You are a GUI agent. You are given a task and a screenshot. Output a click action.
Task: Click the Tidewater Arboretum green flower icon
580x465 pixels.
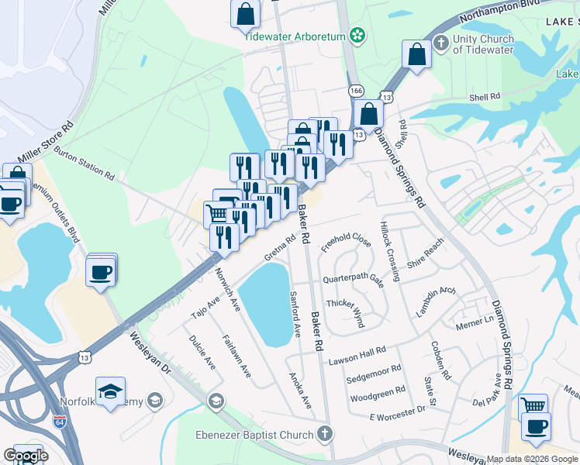pyautogui.click(x=357, y=34)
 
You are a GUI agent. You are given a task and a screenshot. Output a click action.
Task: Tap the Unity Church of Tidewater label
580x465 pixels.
pyautogui.click(x=483, y=45)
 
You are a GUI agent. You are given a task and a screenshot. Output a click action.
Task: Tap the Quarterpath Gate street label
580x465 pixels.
pyautogui.click(x=354, y=278)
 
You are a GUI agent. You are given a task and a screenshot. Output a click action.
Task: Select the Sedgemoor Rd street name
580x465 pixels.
pyautogui.click(x=374, y=374)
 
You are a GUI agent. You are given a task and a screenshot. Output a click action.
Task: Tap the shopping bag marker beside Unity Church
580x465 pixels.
pyautogui.click(x=416, y=55)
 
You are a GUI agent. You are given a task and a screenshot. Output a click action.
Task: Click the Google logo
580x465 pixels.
pyautogui.click(x=26, y=456)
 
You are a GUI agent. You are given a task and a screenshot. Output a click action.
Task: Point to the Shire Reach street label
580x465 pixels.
pyautogui.click(x=430, y=250)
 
